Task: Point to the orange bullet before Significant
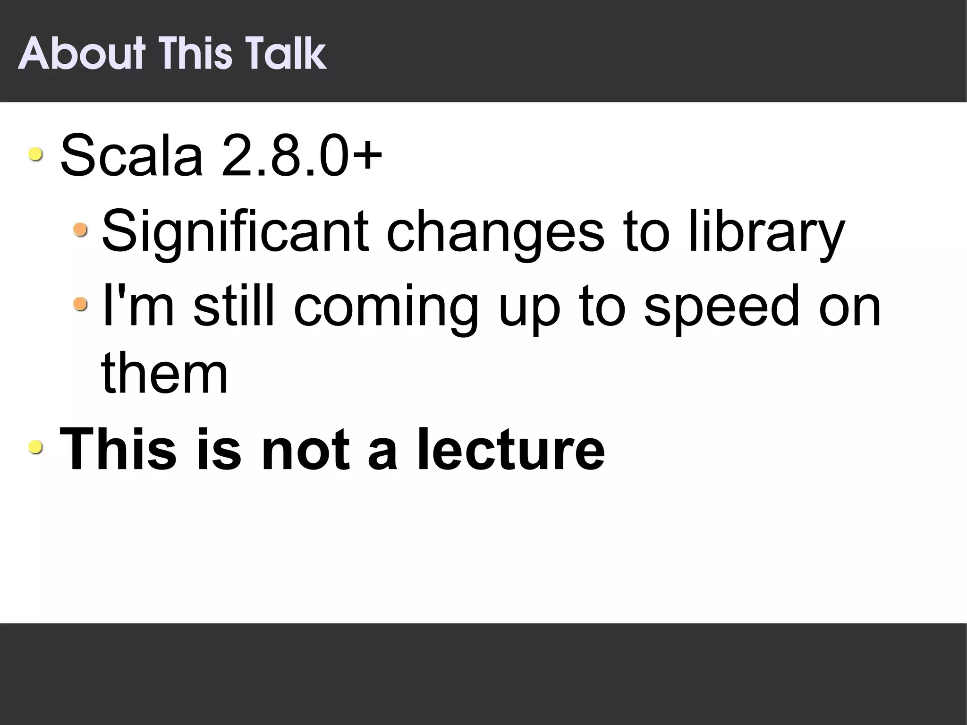click(80, 230)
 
